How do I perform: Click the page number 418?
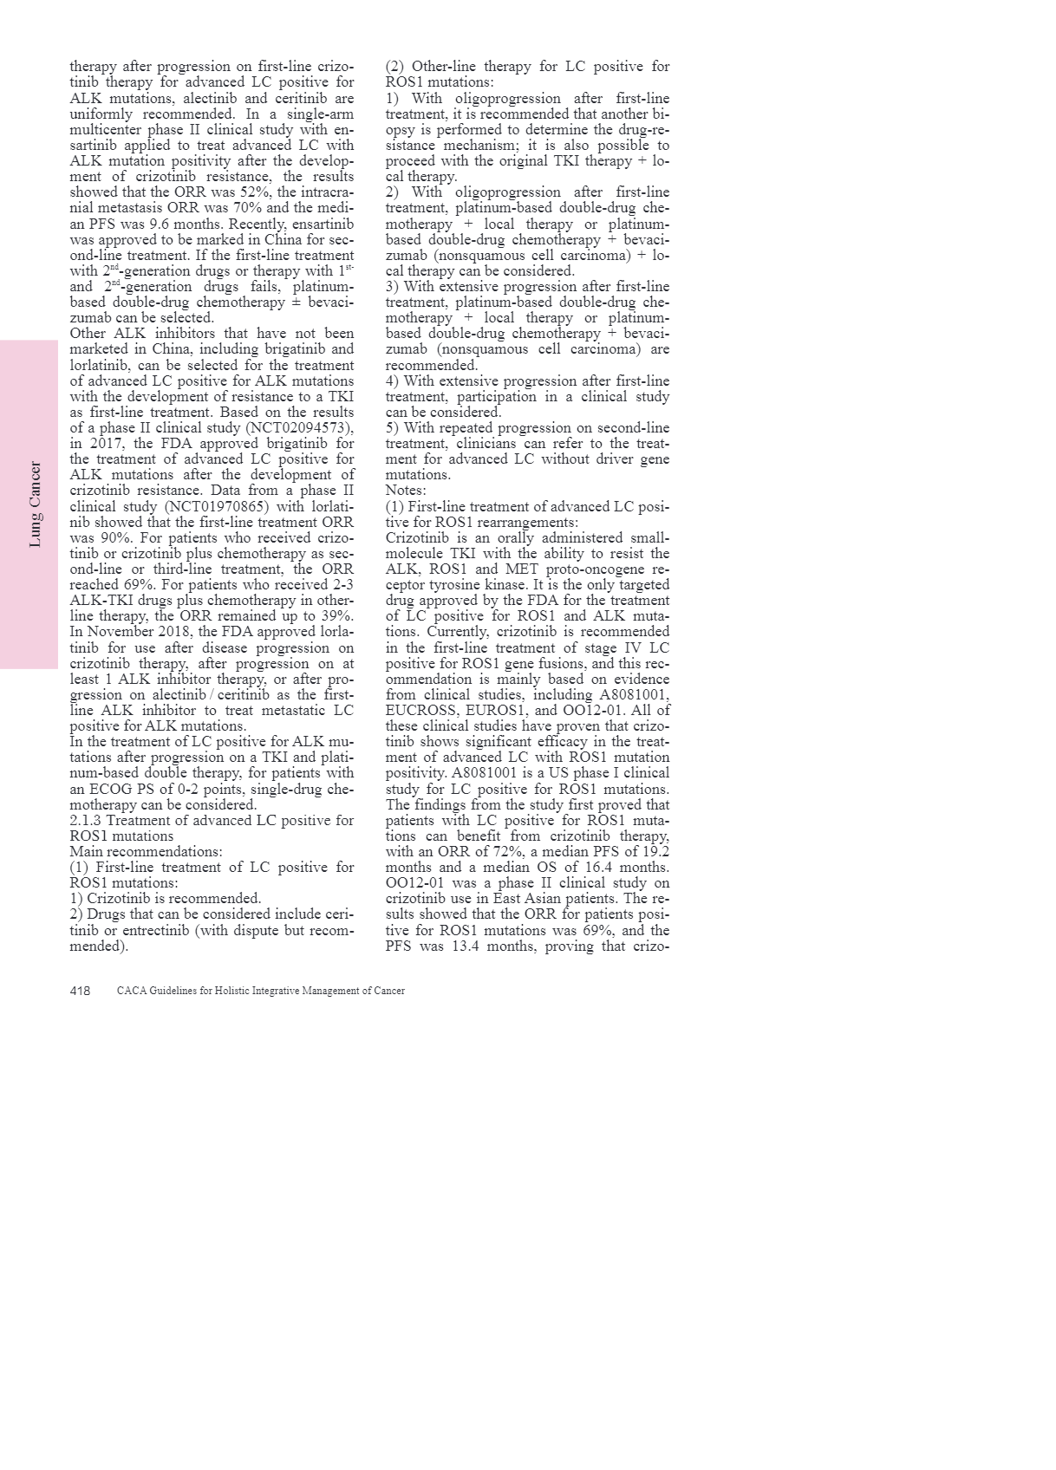point(80,991)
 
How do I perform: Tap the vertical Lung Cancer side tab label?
point(36,504)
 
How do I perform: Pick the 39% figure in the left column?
point(336,616)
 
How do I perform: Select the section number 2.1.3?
point(85,821)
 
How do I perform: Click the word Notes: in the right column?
point(406,491)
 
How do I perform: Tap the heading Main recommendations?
point(146,852)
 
